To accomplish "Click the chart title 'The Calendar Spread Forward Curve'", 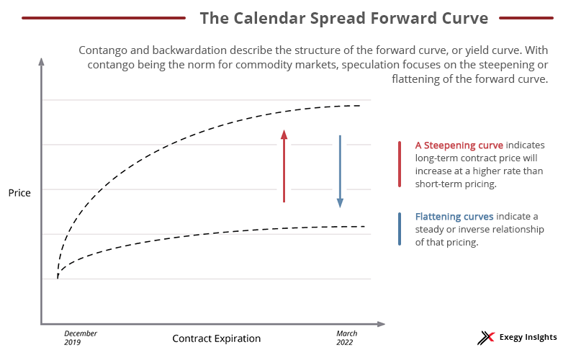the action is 344,18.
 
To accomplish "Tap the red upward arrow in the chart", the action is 284,166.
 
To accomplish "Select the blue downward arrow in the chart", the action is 340,171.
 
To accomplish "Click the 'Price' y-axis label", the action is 19,193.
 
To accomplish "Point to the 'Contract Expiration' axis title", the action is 217,338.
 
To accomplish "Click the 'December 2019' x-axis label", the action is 81,338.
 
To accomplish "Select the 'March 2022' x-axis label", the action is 346,338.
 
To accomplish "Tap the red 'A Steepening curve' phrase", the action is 459,145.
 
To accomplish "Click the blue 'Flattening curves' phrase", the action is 454,217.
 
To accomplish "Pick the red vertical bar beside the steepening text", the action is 400,164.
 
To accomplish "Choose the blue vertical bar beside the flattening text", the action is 400,229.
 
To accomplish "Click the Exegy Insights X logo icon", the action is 486,338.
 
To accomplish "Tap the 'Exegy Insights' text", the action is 528,337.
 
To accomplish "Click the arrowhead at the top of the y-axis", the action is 41,61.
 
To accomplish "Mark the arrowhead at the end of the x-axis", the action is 381,324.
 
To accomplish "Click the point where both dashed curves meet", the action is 58,278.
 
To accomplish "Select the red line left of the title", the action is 104,17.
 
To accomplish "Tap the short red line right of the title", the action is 526,17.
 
